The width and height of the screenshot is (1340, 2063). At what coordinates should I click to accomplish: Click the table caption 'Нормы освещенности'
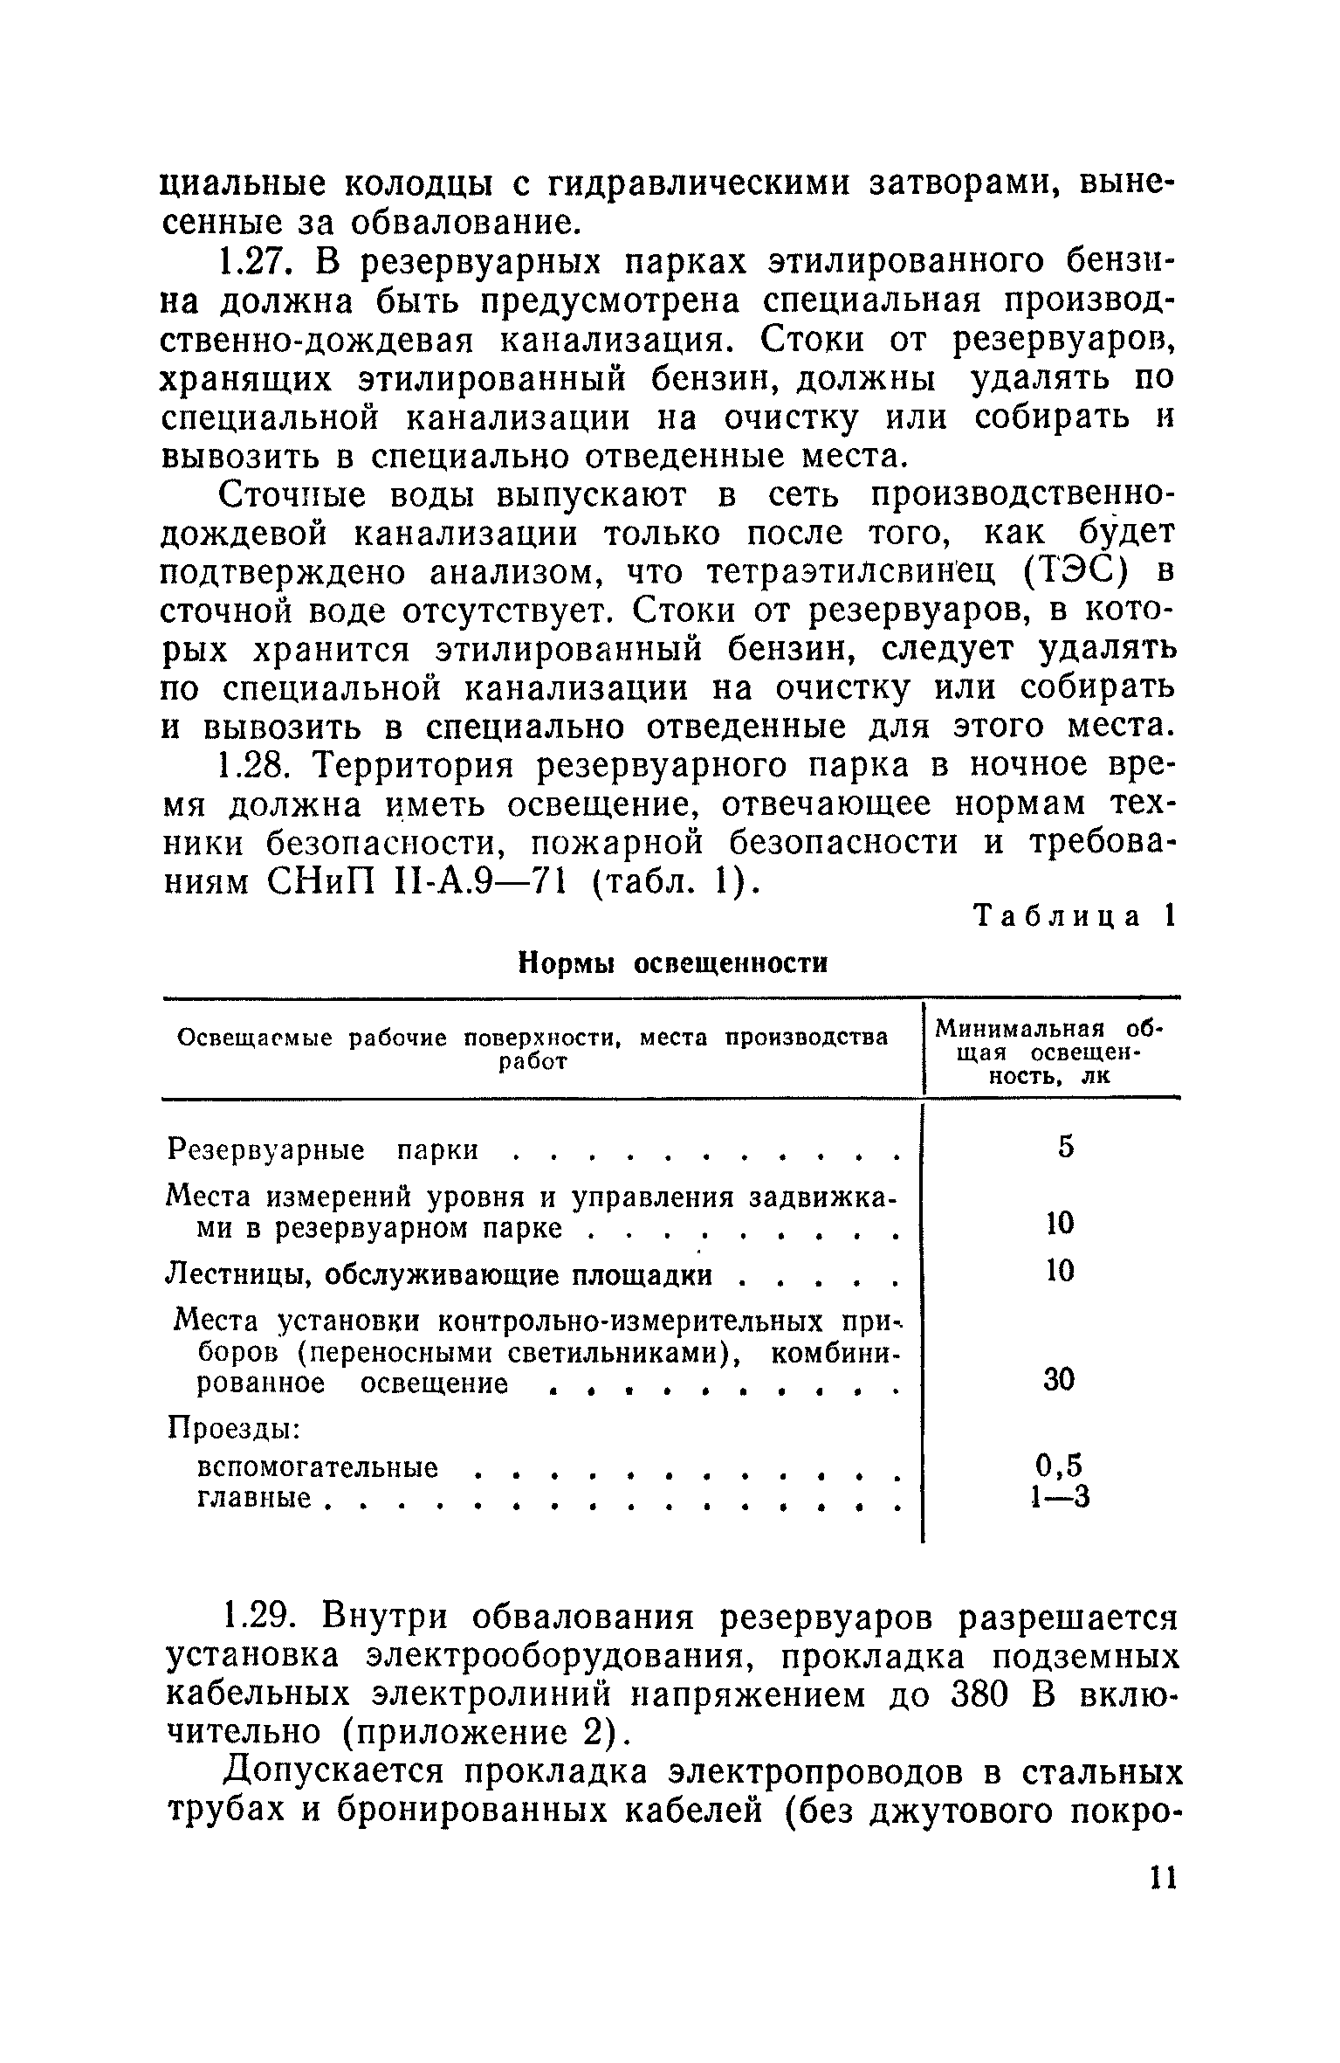672,963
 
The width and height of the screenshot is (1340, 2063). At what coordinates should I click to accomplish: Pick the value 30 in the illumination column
1060,1380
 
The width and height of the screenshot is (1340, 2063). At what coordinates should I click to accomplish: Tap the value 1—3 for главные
1060,1497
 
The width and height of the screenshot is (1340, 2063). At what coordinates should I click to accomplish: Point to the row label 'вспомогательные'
319,1467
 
